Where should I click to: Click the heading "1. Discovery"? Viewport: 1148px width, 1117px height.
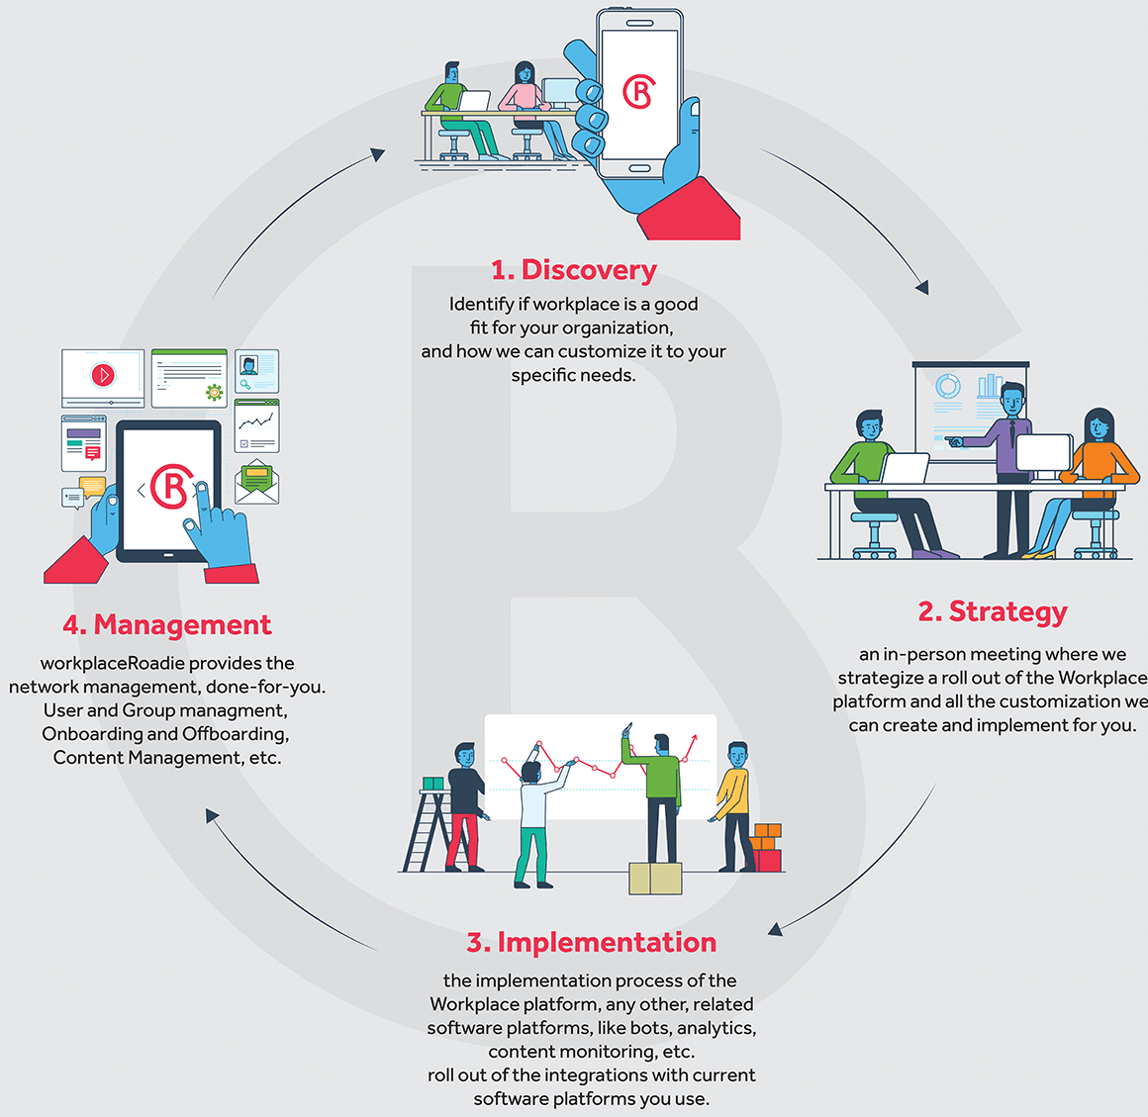click(x=573, y=270)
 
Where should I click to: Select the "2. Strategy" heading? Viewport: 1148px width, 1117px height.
click(x=993, y=612)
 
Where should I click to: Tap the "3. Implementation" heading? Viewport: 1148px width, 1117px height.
click(x=592, y=942)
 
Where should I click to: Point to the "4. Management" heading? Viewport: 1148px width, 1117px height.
click(x=167, y=624)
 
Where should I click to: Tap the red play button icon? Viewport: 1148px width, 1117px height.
click(x=103, y=375)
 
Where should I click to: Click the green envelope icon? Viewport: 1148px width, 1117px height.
click(x=257, y=482)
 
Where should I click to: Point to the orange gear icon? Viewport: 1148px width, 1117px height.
click(x=215, y=393)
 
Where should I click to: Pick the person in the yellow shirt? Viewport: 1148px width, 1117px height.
click(x=735, y=806)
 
